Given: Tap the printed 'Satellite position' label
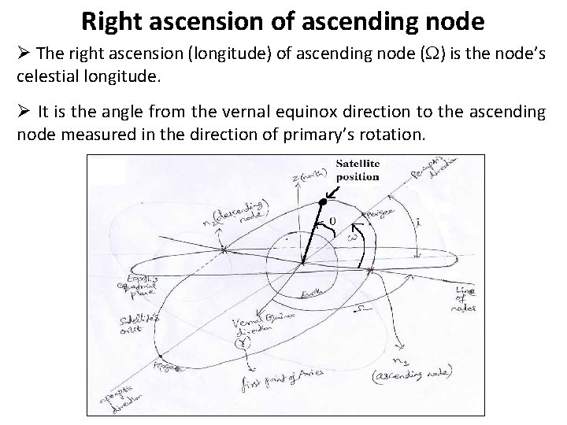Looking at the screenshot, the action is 358,169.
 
